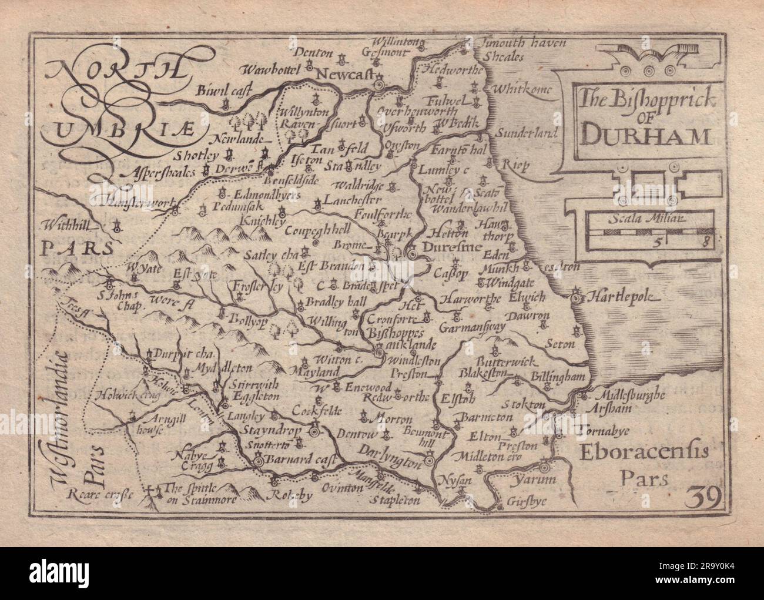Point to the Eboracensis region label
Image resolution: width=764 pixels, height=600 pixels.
click(644, 452)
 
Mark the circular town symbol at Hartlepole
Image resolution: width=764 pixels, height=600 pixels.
click(578, 293)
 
